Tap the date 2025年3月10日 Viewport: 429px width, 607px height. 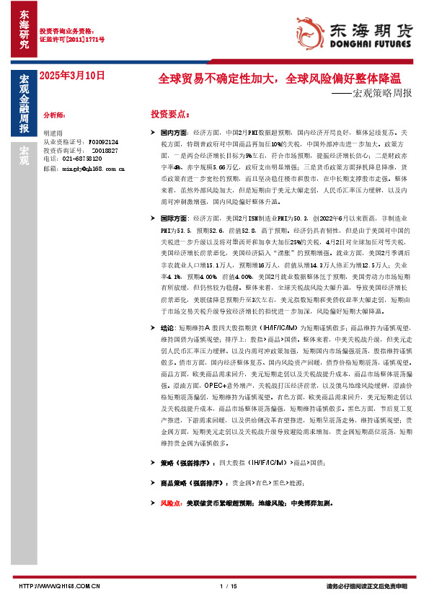coord(72,75)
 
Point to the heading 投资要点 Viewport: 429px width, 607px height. coord(170,114)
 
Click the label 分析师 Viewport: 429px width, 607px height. coord(54,115)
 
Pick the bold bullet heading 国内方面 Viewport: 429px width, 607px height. coord(174,134)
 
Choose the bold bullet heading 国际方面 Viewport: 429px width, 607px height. coord(174,217)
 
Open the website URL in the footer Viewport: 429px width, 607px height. coord(59,586)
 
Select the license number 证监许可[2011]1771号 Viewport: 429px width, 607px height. coord(72,40)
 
